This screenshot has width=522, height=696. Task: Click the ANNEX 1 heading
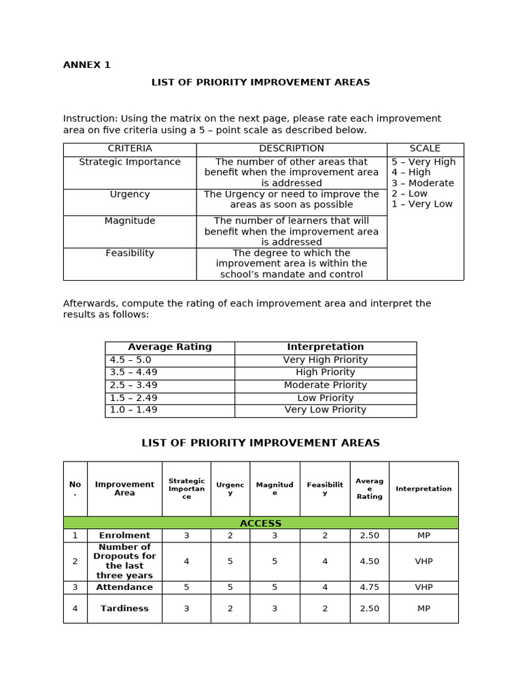86,65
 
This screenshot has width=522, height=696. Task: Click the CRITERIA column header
130,149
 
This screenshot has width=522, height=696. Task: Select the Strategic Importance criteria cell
130,162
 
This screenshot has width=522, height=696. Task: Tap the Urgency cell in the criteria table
130,194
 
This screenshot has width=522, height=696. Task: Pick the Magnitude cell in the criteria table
130,221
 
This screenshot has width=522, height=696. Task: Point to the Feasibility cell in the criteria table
130,254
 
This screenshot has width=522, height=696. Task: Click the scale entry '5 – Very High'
423,162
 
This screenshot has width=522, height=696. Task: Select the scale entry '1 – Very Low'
421,205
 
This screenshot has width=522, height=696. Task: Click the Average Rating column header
170,347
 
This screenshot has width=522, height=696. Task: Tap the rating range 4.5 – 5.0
130,360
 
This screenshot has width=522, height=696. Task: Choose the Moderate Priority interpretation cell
326,385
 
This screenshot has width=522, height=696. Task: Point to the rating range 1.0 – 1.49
133,410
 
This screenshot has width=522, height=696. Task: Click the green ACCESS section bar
260,523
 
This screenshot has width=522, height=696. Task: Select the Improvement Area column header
124,489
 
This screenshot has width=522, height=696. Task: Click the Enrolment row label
124,536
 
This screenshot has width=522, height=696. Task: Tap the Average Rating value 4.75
369,587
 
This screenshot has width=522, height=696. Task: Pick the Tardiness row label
124,609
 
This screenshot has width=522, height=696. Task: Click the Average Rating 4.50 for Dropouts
369,561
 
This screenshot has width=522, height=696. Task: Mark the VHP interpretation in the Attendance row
423,587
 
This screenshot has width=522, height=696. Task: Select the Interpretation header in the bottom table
423,489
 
